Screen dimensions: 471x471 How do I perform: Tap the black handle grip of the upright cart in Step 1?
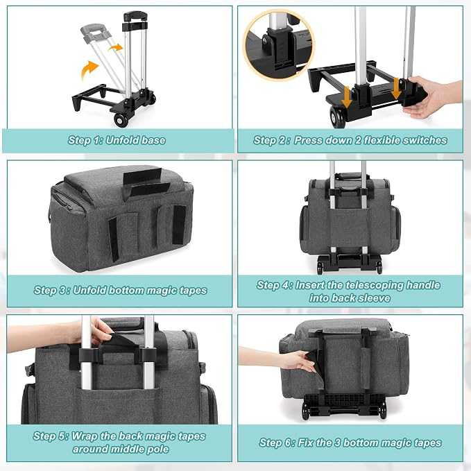coord(135,16)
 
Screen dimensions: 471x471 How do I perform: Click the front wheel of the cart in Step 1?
coord(121,120)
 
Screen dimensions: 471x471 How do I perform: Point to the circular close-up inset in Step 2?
coord(278,45)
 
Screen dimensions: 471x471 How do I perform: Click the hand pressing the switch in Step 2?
coord(433,96)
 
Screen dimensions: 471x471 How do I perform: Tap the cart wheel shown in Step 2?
coord(338,117)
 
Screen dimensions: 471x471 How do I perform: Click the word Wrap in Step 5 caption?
coord(84,436)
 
